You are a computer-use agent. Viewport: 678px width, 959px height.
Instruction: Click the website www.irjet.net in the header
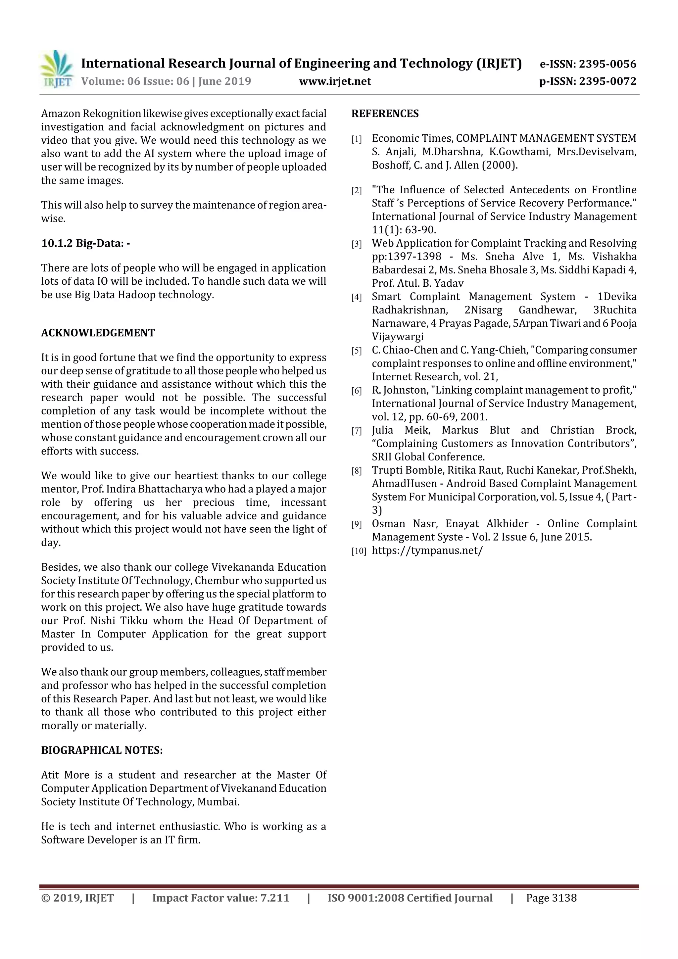tap(335, 81)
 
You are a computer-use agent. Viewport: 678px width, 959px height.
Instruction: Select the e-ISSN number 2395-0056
tap(607, 64)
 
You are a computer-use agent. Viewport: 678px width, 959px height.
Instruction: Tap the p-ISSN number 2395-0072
tap(607, 81)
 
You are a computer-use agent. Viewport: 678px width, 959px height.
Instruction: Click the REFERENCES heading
tap(385, 114)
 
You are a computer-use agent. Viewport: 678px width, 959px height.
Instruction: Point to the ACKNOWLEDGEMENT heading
tap(98, 333)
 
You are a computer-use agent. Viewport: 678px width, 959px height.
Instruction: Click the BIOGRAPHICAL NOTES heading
tap(102, 750)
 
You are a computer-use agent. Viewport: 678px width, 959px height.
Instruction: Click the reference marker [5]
tap(356, 351)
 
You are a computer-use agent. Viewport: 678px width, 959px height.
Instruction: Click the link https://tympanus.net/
tap(427, 551)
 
